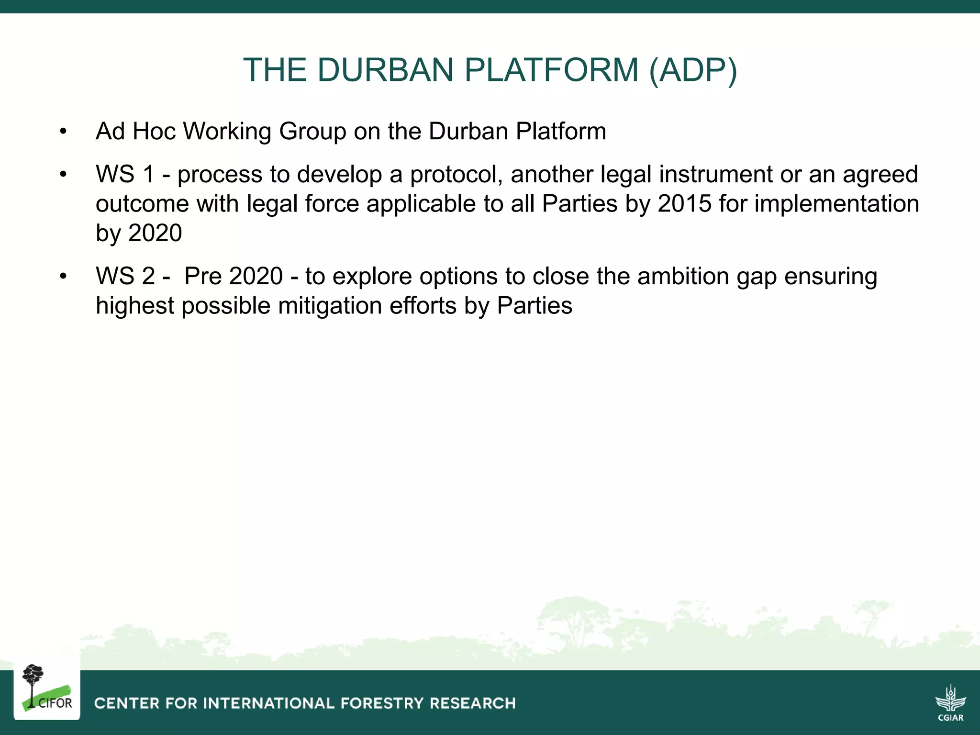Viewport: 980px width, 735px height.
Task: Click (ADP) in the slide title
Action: point(693,70)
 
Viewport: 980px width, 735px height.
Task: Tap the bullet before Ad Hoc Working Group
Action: point(63,132)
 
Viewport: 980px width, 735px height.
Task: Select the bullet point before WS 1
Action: point(63,175)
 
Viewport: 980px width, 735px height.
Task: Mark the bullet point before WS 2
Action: point(63,277)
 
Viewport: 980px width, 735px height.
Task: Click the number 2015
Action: point(685,204)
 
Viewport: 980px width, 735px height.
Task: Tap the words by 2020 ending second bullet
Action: point(139,233)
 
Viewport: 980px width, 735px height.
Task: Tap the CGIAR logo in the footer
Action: point(950,702)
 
